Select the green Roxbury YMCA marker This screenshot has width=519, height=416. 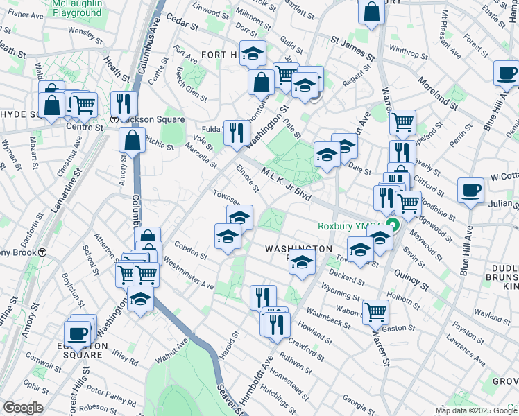393,225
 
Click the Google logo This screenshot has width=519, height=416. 24,408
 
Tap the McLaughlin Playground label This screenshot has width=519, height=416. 76,8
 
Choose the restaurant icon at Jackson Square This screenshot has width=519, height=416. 124,104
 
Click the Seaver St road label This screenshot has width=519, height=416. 230,399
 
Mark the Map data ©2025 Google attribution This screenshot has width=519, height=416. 476,410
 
